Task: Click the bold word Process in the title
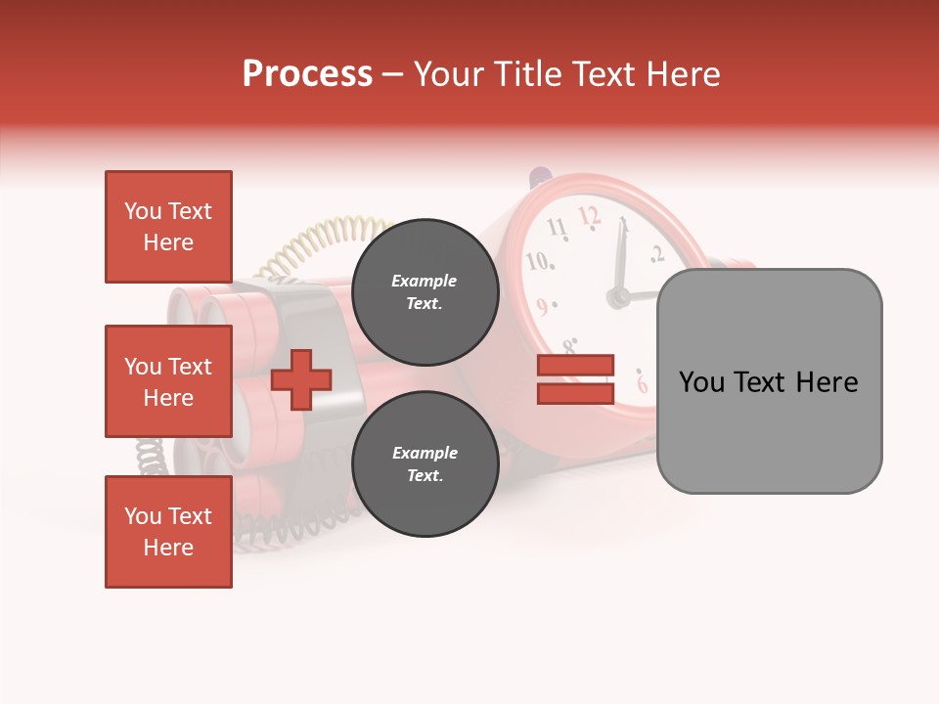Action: click(307, 74)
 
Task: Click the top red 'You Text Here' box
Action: click(168, 227)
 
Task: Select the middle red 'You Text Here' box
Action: click(168, 381)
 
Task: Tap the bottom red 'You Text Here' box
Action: click(168, 532)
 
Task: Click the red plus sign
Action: click(301, 379)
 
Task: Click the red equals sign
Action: click(575, 379)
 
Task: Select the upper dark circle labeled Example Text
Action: click(425, 291)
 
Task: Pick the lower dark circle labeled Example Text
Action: click(425, 463)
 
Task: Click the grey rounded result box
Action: click(769, 381)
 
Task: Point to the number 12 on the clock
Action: click(589, 215)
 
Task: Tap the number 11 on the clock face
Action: click(557, 229)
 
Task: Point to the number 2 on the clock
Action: click(656, 254)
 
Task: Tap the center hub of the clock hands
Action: click(617, 297)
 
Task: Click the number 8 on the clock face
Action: click(569, 345)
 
